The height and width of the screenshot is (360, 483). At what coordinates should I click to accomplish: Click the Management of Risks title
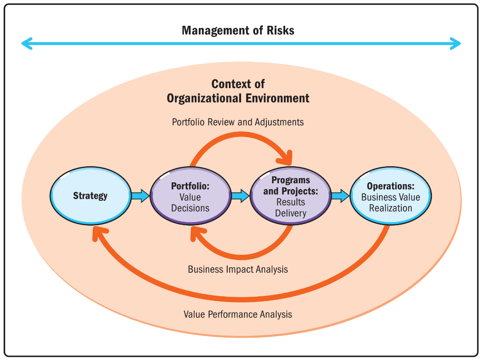coord(238,31)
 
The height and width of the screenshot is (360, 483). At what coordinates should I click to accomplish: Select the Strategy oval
coord(90,196)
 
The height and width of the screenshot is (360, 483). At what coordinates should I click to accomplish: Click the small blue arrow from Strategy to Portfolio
coord(140,196)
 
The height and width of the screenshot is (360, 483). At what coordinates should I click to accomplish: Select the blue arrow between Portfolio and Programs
coord(240,196)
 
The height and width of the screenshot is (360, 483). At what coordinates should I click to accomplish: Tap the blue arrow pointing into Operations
coord(340,196)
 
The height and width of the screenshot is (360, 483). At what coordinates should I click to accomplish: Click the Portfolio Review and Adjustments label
coord(238,122)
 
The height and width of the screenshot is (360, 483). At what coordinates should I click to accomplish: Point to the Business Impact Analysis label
coord(238,269)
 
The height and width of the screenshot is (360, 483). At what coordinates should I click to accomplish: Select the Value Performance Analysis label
coord(238,314)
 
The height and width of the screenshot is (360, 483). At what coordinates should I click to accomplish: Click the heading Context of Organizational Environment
coord(238,91)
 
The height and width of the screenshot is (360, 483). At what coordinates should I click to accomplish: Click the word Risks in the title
coord(279,31)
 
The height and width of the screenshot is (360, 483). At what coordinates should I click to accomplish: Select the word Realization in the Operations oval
coord(390,208)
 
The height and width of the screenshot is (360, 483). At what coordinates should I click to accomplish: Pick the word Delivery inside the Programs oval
coord(290,213)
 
